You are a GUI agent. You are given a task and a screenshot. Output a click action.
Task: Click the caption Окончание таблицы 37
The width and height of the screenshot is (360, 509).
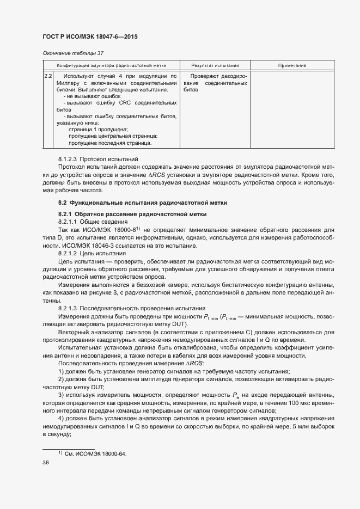click(73, 53)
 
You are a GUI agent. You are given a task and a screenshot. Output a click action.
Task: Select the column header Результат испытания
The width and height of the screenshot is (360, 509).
click(215, 65)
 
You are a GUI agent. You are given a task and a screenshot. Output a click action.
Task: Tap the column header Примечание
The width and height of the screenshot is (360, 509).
click(292, 65)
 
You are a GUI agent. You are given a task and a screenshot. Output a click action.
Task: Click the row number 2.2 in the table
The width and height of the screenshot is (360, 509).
click(48, 76)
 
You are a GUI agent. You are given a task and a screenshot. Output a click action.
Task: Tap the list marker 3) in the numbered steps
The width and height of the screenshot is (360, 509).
click(62, 395)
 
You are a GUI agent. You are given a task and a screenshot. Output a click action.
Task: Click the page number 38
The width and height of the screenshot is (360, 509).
click(46, 463)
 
